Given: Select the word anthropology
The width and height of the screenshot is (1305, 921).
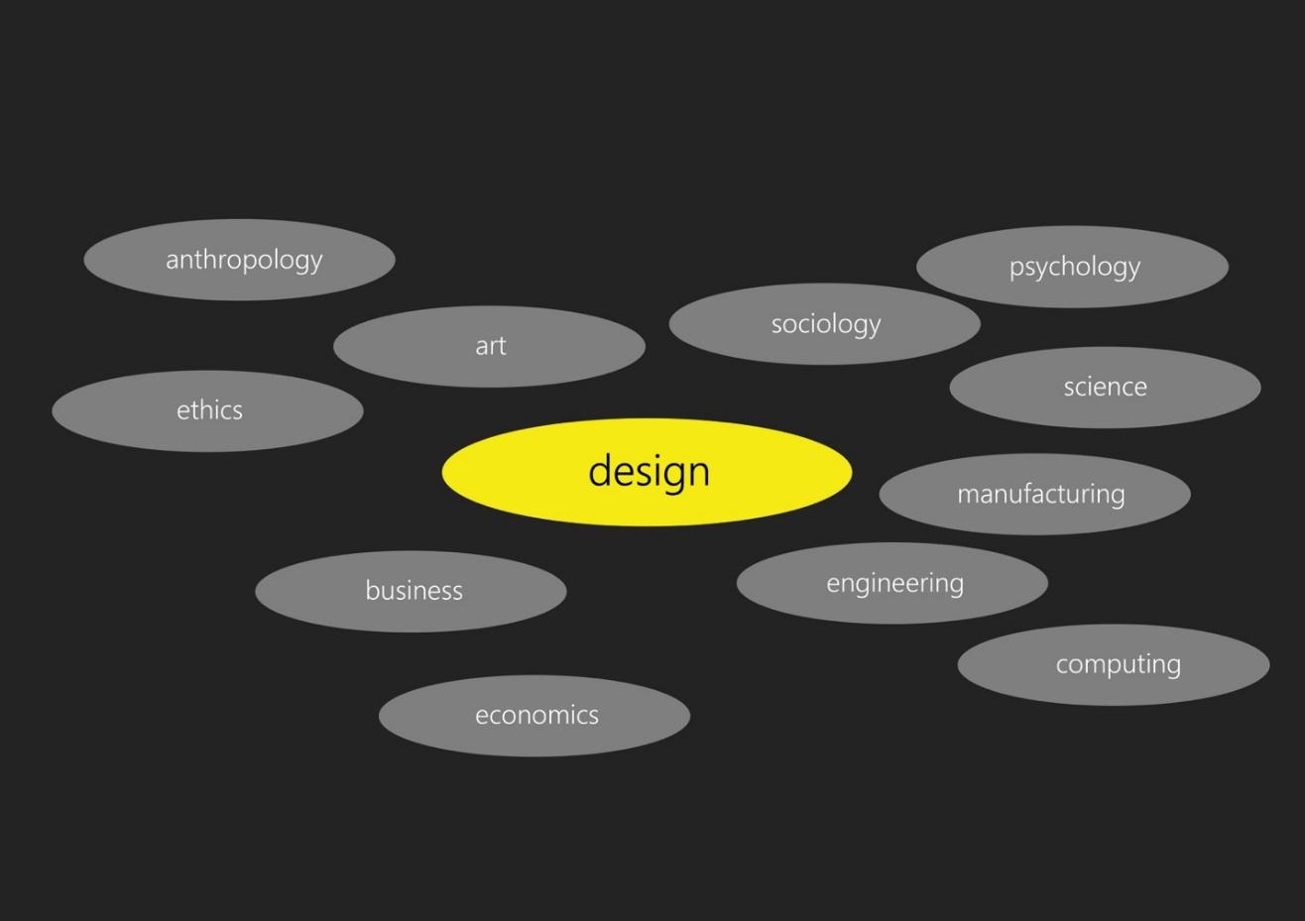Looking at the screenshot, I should [244, 260].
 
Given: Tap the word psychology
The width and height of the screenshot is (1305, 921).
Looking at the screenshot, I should [1075, 267].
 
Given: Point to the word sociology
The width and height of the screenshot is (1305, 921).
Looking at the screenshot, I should [826, 324].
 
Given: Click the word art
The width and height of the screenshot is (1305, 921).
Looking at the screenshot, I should [491, 346].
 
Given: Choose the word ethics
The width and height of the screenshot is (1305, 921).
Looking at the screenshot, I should [209, 410].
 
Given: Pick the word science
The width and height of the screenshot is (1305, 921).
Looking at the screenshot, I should [1105, 387].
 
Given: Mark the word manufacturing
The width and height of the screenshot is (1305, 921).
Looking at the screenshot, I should [1040, 494].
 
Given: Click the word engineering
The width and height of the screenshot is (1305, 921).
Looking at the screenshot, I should [894, 583].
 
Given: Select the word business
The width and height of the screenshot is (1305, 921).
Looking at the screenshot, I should [414, 591].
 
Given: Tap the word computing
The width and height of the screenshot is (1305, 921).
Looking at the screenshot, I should [1118, 664].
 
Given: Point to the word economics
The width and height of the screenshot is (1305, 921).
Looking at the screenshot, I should [536, 715].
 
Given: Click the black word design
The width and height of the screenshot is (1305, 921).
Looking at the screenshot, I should [649, 471].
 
